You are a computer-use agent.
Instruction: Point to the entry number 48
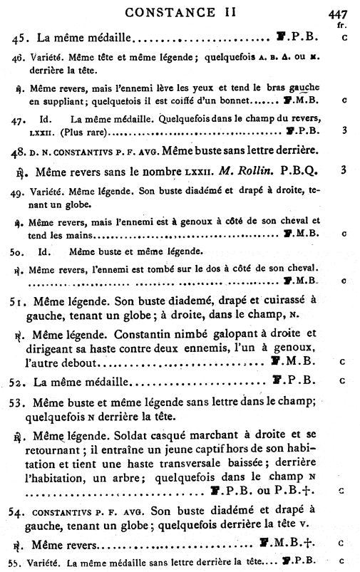click(18, 150)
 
